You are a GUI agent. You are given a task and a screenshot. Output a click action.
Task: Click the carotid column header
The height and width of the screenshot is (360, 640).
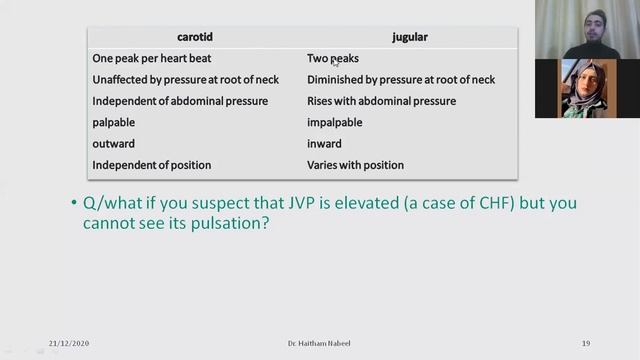tap(195, 37)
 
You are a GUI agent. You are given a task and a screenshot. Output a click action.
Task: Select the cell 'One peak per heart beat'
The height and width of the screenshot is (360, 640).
tap(151, 58)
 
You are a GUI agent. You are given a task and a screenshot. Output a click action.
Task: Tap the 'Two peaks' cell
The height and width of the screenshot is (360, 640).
tap(333, 58)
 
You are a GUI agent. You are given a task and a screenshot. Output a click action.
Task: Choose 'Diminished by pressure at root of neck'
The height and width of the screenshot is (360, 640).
tap(400, 80)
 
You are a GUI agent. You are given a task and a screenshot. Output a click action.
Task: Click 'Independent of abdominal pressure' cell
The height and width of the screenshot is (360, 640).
tap(180, 101)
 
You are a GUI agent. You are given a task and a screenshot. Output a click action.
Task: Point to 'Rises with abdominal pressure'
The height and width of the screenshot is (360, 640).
tap(381, 101)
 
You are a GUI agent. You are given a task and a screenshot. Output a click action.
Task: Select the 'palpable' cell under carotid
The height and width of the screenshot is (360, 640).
tap(113, 122)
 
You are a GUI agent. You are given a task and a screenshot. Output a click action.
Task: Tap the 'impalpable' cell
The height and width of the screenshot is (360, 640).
tap(334, 122)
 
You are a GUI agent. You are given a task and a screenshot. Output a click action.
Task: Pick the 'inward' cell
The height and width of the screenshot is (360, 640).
tap(324, 144)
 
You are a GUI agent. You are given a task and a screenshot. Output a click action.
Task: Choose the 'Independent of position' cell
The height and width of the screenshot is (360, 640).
tap(151, 165)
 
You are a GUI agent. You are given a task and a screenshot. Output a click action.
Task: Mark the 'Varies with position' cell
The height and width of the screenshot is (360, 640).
tap(355, 165)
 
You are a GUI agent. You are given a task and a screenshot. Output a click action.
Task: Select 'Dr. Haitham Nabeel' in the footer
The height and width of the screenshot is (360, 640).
tap(319, 343)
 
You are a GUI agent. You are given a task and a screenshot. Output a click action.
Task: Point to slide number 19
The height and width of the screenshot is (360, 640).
tap(585, 343)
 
